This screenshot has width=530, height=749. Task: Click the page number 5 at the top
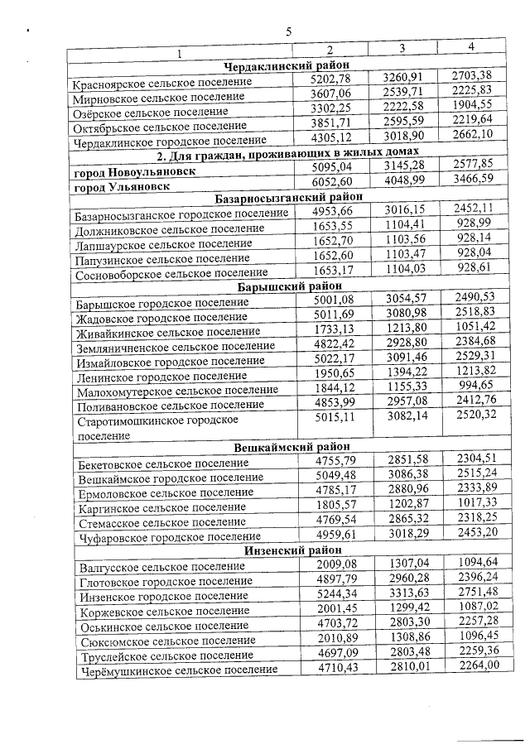coord(289,31)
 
